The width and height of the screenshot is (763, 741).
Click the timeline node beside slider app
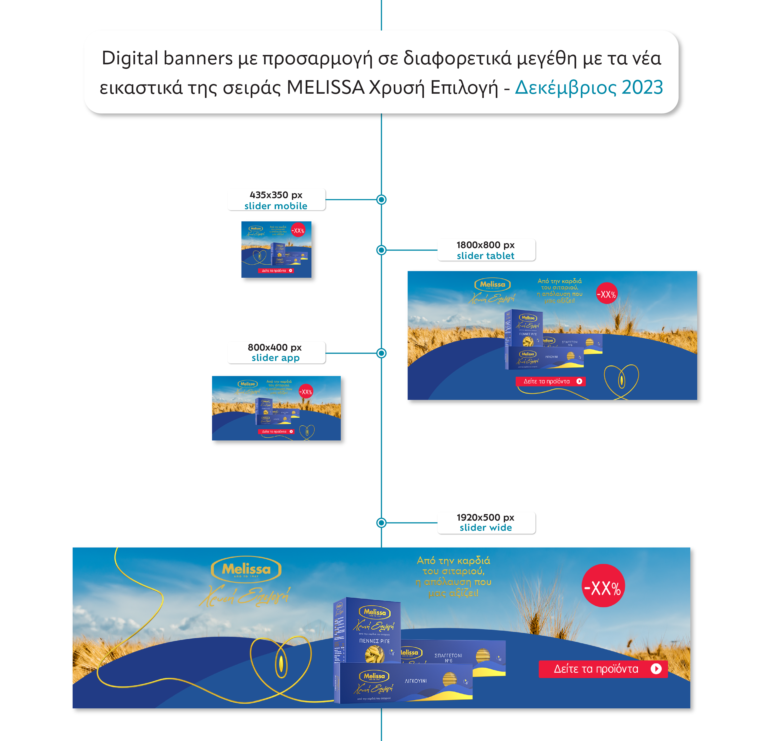[381, 353]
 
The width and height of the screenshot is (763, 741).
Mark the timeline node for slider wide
[381, 523]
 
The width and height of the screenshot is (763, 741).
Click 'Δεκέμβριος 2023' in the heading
[589, 87]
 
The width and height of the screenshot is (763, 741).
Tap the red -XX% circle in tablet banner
[606, 294]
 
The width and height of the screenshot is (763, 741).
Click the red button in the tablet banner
[550, 381]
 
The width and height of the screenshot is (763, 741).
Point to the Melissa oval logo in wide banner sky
[246, 570]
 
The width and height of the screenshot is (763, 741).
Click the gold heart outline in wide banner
[281, 662]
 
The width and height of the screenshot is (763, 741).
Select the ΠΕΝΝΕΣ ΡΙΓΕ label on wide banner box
[374, 641]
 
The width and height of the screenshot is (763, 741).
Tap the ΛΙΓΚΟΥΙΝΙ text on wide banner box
[416, 681]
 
